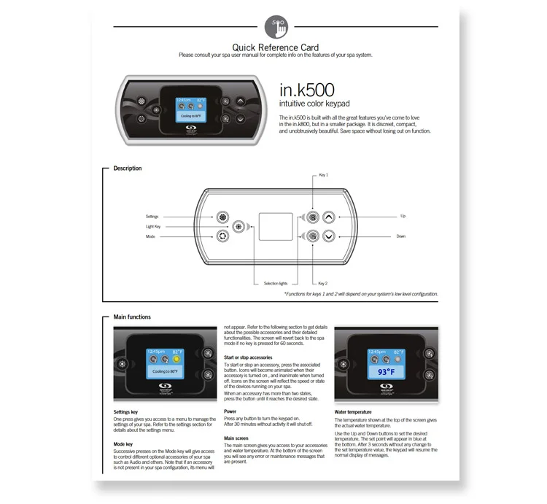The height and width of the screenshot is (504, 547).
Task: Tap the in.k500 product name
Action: pos(307,91)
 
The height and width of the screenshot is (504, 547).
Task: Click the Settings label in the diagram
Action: pos(152,217)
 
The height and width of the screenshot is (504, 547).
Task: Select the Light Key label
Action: pos(152,227)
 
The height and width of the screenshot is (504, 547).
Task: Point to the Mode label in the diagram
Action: pos(150,236)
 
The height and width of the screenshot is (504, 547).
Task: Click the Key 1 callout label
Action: pos(324,176)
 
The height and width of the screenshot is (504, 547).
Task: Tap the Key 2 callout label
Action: pos(324,283)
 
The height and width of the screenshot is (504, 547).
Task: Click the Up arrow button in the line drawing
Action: pos(328,217)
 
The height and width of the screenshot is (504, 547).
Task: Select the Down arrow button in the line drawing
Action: pos(328,236)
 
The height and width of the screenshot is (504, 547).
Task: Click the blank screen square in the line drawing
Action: pos(275,226)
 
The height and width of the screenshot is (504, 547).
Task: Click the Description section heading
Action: pos(128,168)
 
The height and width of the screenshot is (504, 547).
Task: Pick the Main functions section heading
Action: pos(132,317)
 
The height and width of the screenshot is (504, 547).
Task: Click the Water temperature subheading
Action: pos(354,411)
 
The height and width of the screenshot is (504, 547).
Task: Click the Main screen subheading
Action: pos(238,438)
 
